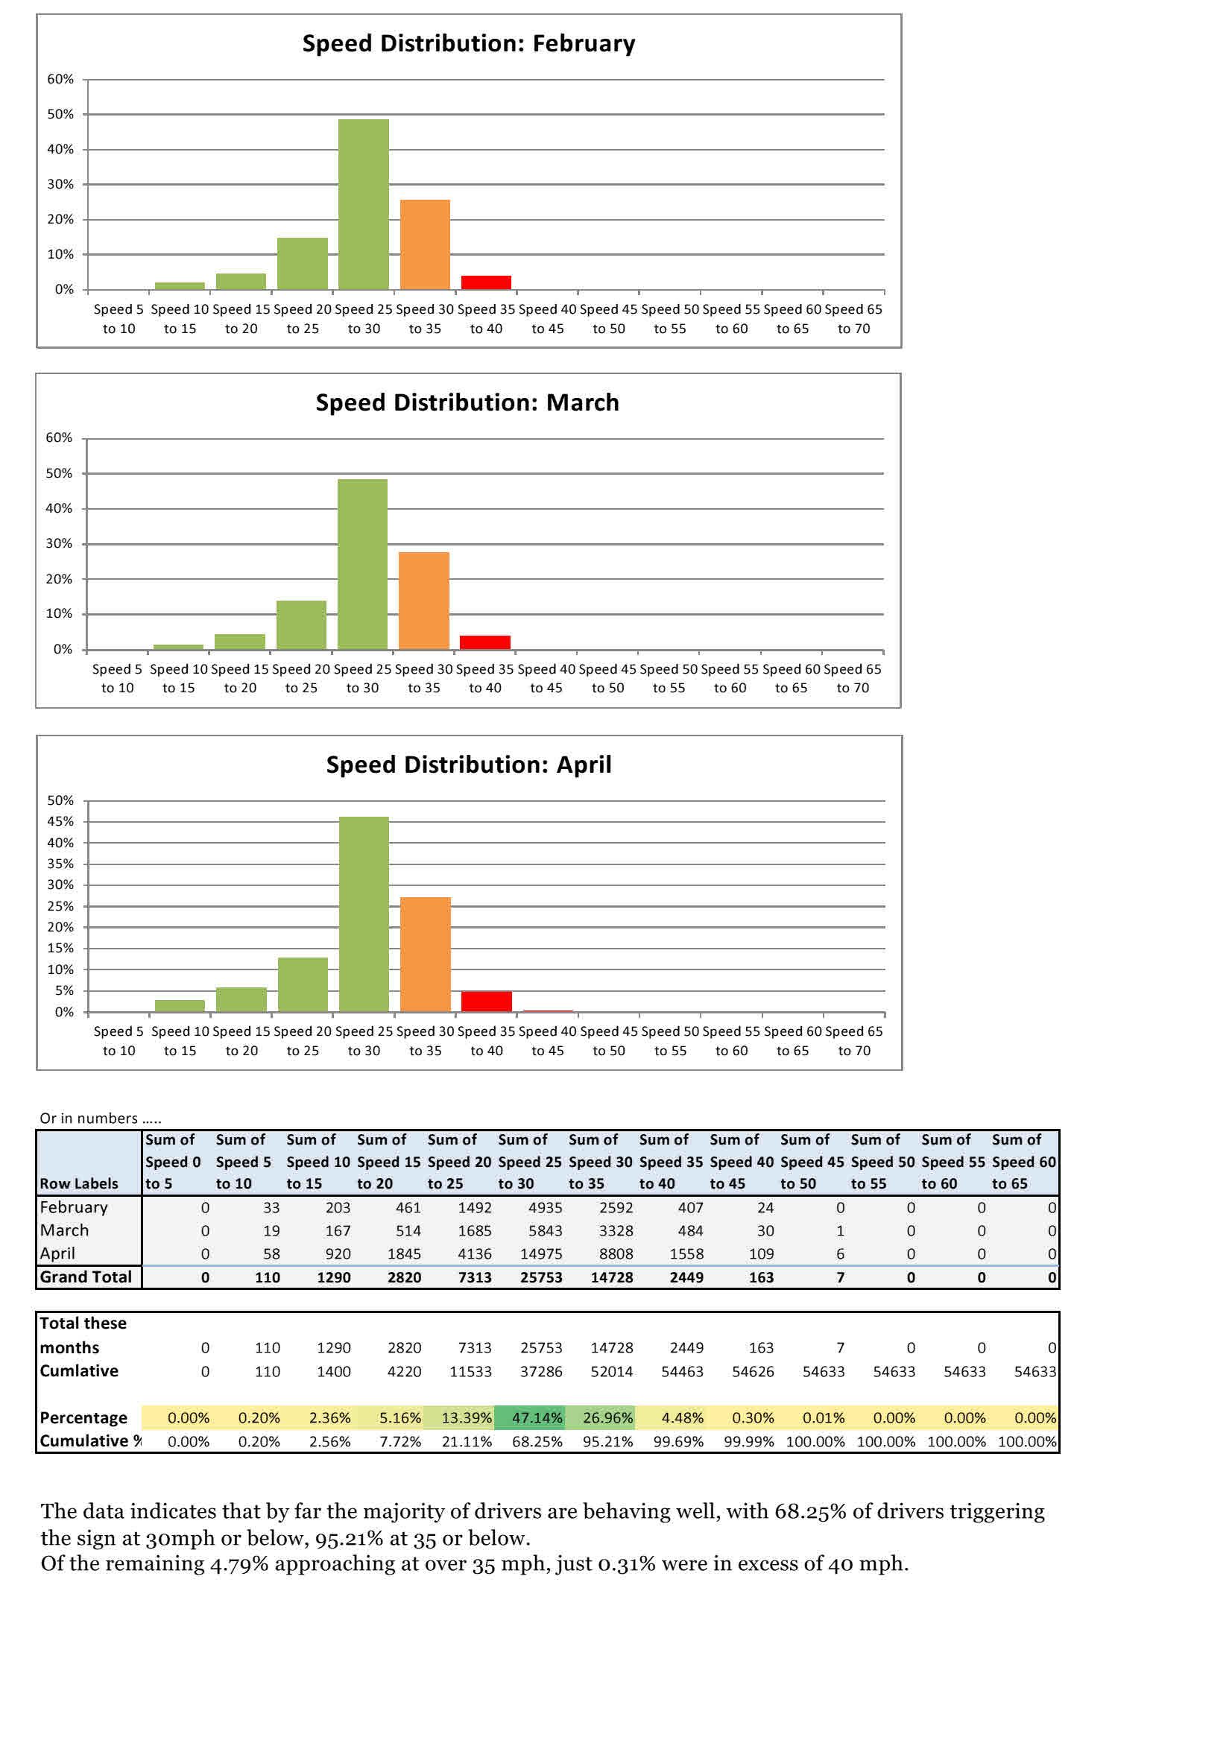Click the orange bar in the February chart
(424, 244)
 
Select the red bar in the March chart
(484, 642)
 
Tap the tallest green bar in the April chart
(364, 914)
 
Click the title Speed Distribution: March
(467, 402)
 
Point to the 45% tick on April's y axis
(60, 821)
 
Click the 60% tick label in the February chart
(60, 79)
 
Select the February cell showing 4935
(540, 1208)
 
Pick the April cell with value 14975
(540, 1254)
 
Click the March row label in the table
(65, 1230)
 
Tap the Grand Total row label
(85, 1277)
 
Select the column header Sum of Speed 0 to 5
(173, 1162)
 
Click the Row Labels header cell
(79, 1183)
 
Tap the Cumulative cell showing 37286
(540, 1371)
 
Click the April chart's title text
(468, 765)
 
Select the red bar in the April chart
(486, 1002)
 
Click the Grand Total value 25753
(540, 1278)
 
